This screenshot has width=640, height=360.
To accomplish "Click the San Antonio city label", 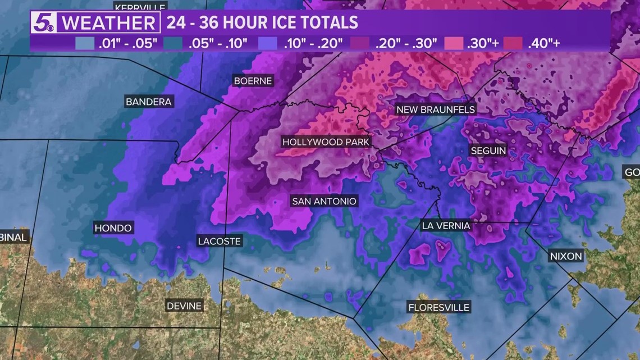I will click(x=324, y=201).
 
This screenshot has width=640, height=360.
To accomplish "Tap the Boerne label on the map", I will click(x=253, y=81).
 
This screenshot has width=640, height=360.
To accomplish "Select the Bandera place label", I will click(x=149, y=102).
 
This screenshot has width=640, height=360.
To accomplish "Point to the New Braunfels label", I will click(x=436, y=110).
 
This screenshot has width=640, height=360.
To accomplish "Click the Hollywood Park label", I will click(x=326, y=142).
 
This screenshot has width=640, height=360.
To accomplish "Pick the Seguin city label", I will click(x=488, y=151).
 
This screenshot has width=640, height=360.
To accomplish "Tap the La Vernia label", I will click(x=446, y=226).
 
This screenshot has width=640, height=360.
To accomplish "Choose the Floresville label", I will click(x=438, y=307).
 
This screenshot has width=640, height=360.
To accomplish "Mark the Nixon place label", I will click(x=566, y=256).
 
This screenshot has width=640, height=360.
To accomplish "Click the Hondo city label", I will click(x=113, y=228).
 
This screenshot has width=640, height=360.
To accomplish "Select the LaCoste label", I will click(x=219, y=241).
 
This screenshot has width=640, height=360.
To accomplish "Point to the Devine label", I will click(x=184, y=306).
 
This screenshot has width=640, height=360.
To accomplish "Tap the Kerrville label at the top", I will click(x=140, y=7).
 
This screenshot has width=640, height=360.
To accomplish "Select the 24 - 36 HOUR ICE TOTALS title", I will click(x=262, y=22).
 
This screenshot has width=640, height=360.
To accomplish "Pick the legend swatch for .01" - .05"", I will click(x=84, y=43).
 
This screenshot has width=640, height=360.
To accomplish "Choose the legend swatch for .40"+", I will click(x=513, y=43).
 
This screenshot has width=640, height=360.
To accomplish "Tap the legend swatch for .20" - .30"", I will click(x=359, y=43).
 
